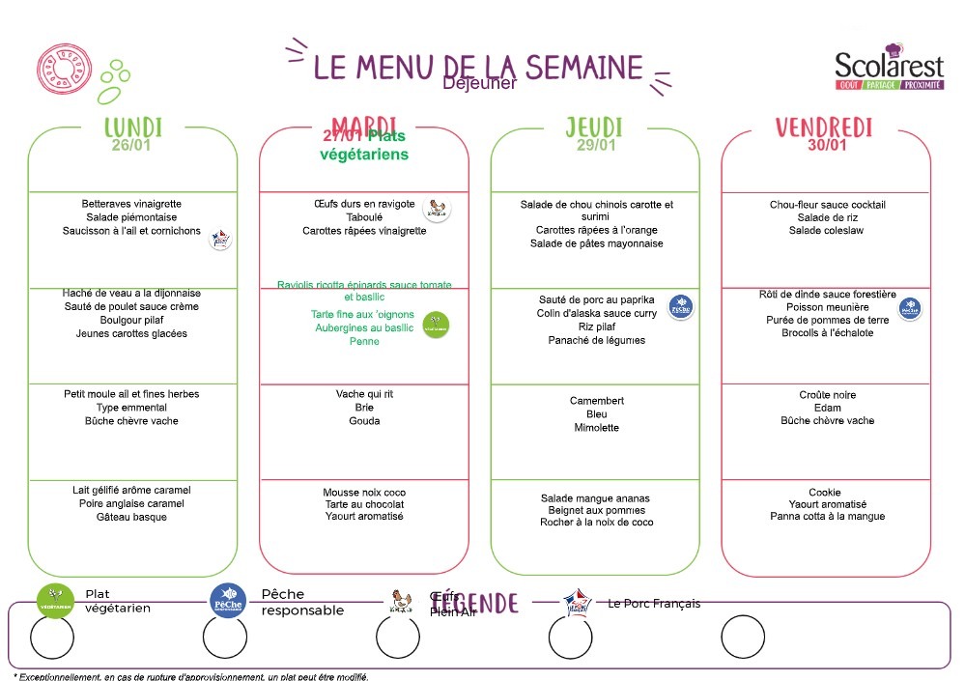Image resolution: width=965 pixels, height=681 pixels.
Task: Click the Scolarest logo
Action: coord(889,69)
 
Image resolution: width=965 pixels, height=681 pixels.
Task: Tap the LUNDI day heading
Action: coord(133,128)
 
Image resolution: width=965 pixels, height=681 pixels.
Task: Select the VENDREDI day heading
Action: coord(823,128)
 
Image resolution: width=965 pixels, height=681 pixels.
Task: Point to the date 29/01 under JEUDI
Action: coord(594,146)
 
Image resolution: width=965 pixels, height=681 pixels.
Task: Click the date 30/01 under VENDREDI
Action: coord(827,146)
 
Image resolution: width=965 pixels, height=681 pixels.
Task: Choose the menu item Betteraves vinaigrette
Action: coord(131,204)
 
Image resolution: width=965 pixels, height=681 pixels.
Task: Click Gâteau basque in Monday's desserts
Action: coord(131,517)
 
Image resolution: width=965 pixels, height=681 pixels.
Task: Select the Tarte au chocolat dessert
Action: coord(364,504)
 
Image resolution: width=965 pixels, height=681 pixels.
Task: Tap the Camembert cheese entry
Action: coord(597,401)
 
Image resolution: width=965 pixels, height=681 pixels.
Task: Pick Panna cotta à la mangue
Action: coord(828,517)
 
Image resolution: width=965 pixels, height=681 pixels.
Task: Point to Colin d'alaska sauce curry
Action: coord(596,313)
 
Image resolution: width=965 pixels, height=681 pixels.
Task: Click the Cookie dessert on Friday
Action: coord(828,491)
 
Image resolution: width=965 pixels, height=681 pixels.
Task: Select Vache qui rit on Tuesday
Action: coord(364,394)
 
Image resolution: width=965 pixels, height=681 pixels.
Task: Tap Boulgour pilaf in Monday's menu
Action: coord(131,320)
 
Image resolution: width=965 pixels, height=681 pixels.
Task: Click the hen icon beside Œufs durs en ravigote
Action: coord(438,208)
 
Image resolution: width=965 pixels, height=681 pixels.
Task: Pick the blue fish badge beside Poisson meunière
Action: coord(909,308)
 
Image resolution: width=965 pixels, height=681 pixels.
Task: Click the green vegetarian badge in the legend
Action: coord(55,600)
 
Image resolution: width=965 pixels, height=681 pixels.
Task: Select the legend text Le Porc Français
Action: coord(654,604)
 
